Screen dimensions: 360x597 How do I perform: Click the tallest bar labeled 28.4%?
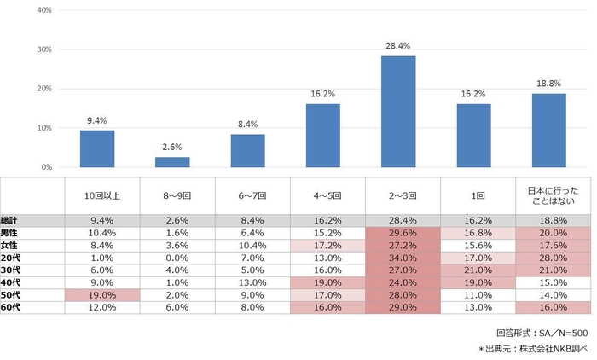click(403, 112)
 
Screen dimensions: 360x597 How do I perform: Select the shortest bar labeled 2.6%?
click(172, 162)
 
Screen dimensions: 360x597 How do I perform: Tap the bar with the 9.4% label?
click(97, 148)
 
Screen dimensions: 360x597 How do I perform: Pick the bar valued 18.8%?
click(548, 131)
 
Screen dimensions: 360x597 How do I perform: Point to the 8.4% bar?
click(247, 151)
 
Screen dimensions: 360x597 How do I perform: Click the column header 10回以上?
click(102, 195)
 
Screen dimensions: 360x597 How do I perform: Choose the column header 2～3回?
click(403, 195)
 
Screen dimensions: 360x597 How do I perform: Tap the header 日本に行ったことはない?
click(554, 195)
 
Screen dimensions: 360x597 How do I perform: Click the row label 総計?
click(11, 219)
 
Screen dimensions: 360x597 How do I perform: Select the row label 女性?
click(11, 244)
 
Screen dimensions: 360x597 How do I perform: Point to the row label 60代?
click(11, 307)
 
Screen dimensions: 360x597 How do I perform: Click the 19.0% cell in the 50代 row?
click(102, 294)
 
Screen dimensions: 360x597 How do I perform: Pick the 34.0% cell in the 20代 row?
click(403, 257)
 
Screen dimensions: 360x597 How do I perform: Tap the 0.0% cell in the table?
click(177, 257)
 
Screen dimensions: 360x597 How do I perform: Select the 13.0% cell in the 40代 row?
click(252, 282)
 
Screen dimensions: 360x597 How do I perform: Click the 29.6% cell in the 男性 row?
click(403, 232)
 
